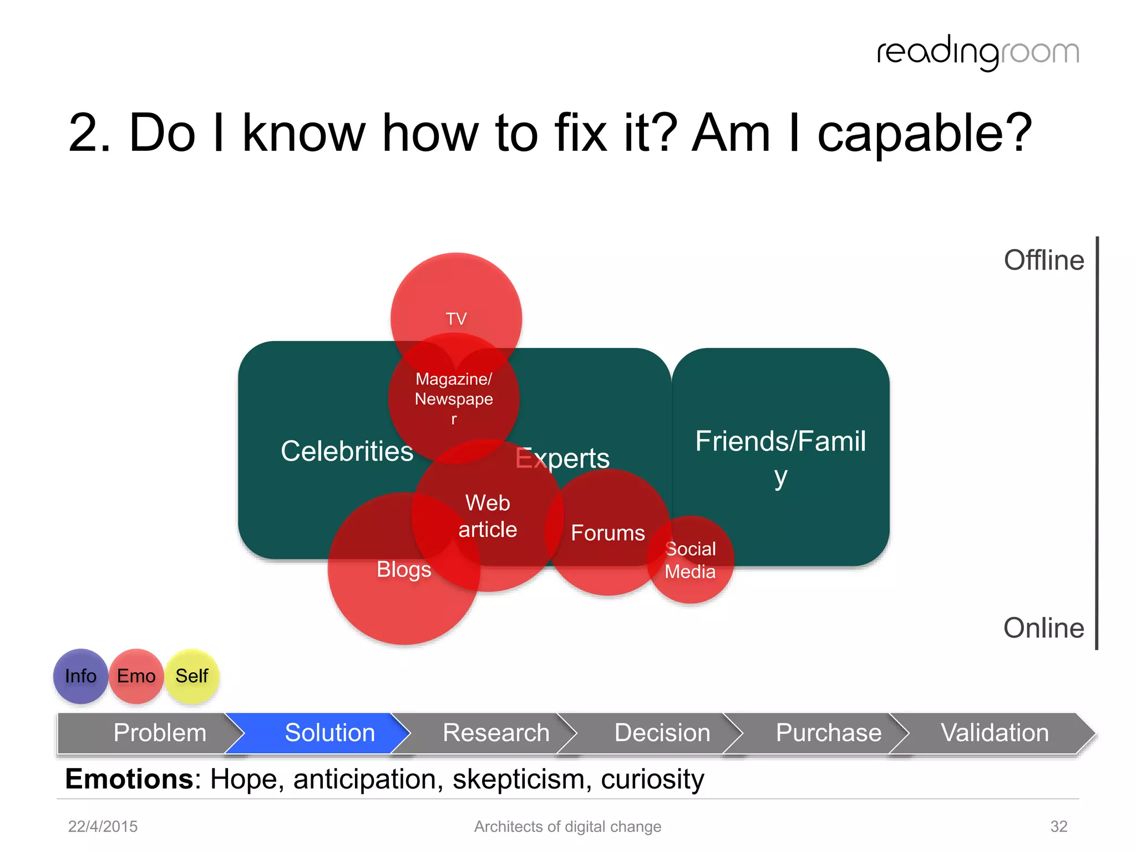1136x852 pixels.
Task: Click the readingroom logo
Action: click(x=978, y=53)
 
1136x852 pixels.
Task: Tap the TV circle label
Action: click(x=456, y=319)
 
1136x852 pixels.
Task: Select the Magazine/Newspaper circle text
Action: click(x=454, y=398)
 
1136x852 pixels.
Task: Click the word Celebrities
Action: click(x=347, y=451)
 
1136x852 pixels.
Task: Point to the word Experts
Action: click(x=562, y=458)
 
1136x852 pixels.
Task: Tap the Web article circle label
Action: click(x=488, y=516)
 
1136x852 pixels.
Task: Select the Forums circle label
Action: click(x=608, y=533)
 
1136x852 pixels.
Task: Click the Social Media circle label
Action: click(x=690, y=560)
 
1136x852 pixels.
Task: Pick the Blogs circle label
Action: click(x=404, y=570)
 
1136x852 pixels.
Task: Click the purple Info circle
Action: click(x=80, y=676)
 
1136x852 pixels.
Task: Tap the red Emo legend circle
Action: click(x=136, y=676)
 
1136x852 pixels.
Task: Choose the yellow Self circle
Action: click(x=192, y=676)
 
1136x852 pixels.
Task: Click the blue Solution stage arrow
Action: click(x=329, y=733)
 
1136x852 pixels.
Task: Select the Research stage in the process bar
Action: click(x=496, y=733)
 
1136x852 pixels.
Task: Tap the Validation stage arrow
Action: click(x=995, y=733)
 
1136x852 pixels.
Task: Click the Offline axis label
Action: click(x=1043, y=260)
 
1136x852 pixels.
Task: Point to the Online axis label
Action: click(x=1043, y=628)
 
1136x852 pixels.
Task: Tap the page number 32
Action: click(x=1058, y=826)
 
